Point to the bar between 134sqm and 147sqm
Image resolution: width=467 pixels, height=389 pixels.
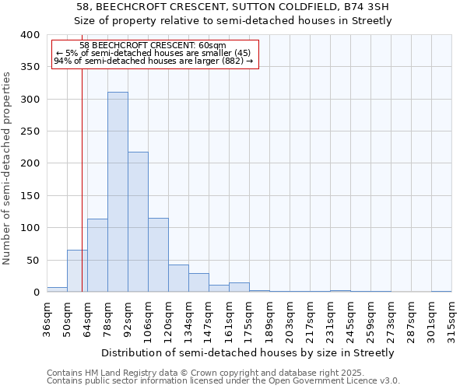(x=198, y=283)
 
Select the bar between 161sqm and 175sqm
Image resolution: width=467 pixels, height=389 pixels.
(x=239, y=287)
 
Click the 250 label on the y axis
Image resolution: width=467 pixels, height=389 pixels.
(x=30, y=131)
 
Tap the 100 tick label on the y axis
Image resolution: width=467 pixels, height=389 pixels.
(x=30, y=228)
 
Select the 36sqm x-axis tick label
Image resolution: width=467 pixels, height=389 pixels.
(x=47, y=318)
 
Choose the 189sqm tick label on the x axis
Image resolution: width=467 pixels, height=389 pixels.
(x=269, y=318)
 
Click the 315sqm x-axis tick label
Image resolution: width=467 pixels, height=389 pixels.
(x=451, y=318)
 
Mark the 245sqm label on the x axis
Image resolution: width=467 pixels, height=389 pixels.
(x=350, y=318)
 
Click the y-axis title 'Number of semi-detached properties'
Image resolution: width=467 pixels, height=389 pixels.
(x=8, y=168)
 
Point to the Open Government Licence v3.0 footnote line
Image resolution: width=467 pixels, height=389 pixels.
(x=223, y=380)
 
